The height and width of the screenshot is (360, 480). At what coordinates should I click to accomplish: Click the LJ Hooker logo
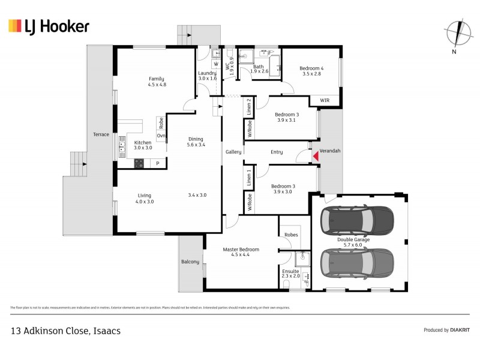(x=49, y=26)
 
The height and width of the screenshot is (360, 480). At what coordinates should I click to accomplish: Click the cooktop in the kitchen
(x=139, y=162)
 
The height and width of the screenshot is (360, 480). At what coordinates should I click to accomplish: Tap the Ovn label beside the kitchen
(x=161, y=136)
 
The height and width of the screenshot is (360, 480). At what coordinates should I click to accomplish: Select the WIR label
(x=325, y=100)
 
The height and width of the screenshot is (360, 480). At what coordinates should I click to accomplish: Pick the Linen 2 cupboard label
(x=248, y=107)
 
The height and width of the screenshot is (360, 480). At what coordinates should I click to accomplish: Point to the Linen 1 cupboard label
(x=248, y=178)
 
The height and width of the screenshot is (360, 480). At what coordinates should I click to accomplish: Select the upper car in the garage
(x=358, y=221)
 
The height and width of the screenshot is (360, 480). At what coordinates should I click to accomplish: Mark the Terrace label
(x=101, y=134)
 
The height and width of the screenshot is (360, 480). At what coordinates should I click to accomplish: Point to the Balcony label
(x=190, y=262)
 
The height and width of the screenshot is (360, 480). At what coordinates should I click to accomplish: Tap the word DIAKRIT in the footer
(x=460, y=330)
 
